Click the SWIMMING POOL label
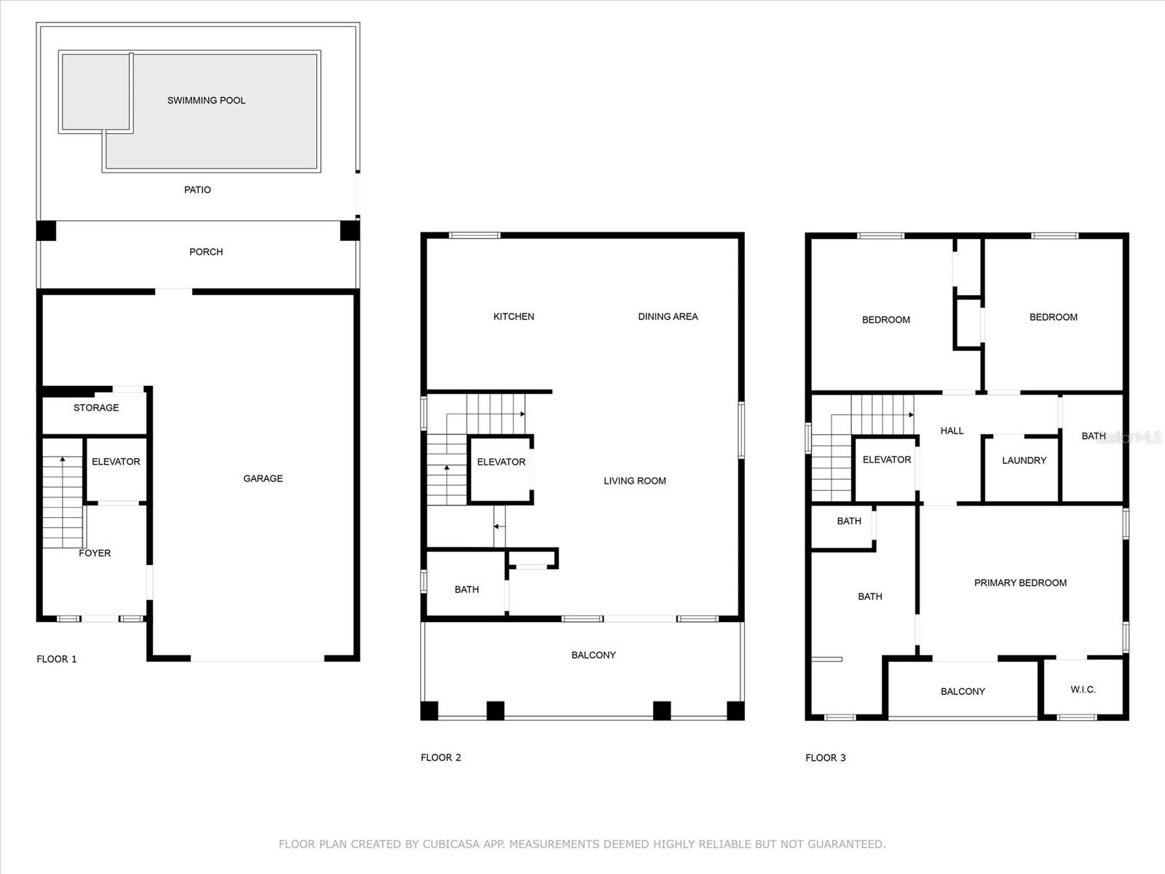click(206, 101)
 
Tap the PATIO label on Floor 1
click(197, 190)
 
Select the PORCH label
click(206, 252)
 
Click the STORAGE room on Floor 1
click(96, 408)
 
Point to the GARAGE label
click(263, 479)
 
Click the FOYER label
click(95, 554)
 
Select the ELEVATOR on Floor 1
click(116, 462)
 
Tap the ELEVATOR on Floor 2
click(501, 462)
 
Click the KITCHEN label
click(513, 317)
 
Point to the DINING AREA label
click(668, 317)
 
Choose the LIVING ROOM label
click(634, 481)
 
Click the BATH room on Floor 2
click(467, 590)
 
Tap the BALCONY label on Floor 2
click(593, 655)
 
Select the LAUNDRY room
click(1024, 460)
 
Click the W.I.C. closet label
click(1083, 690)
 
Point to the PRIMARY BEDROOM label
click(1020, 583)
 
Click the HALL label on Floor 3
click(952, 431)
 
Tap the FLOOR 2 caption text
click(441, 757)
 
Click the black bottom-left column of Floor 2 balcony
click(430, 710)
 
